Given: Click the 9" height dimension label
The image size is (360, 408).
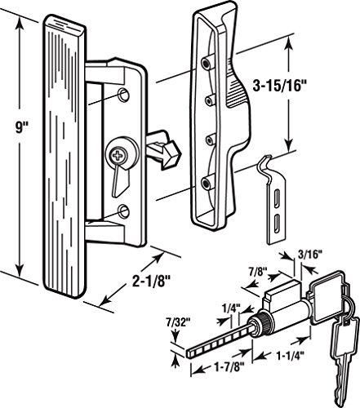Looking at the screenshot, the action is (20, 127).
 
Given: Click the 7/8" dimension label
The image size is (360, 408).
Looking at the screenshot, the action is (258, 272).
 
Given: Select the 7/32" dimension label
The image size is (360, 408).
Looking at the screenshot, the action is (178, 323).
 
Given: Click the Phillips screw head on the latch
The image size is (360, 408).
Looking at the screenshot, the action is (118, 156).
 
